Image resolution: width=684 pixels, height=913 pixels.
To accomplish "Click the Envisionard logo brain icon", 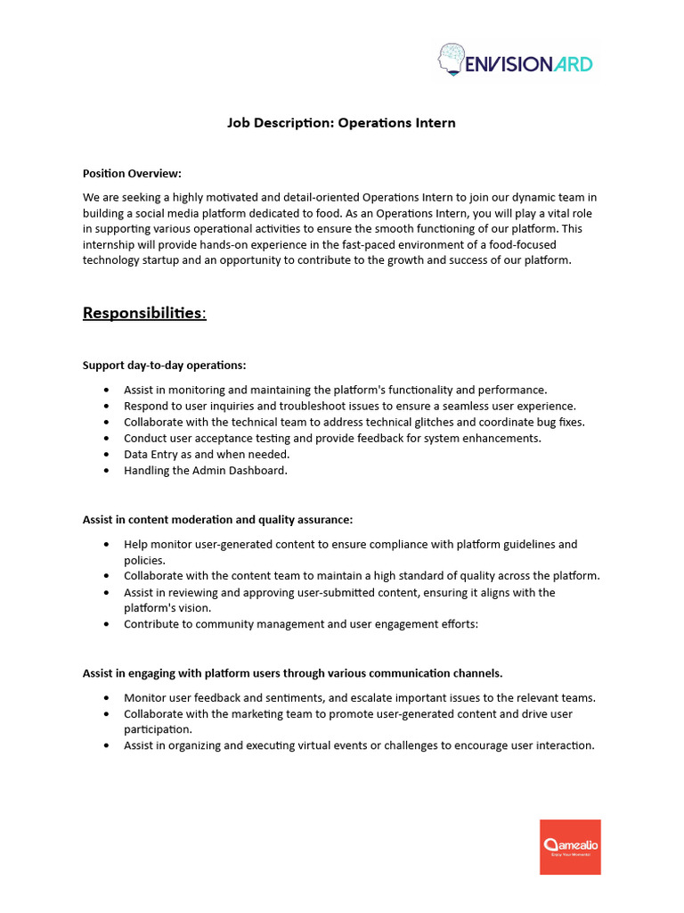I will coord(452,60).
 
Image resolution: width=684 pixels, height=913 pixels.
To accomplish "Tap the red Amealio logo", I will coord(570,847).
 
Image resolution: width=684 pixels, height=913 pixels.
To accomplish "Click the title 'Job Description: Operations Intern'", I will coord(341,123).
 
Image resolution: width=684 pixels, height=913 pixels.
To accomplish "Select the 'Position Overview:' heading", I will coord(132,173).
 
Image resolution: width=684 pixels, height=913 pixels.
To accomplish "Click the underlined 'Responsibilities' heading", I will coord(143,313).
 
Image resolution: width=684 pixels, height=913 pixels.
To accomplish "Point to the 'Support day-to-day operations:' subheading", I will coord(164,365).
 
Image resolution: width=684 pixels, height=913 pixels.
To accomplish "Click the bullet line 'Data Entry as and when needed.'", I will coord(207,454).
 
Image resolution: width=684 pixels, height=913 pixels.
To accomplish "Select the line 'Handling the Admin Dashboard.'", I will coord(206,470).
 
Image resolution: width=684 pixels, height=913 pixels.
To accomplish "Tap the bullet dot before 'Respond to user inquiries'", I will coord(107,406).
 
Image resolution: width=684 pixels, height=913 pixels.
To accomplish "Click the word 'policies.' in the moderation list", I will coord(144,560).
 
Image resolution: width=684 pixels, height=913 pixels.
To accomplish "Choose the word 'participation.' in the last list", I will coord(158,729).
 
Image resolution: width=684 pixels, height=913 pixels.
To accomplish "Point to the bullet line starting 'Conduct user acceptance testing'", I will coord(332,438).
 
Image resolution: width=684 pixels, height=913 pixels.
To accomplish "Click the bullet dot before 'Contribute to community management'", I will coord(107,624).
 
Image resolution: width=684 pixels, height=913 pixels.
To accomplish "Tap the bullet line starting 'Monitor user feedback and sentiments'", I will coord(360,697).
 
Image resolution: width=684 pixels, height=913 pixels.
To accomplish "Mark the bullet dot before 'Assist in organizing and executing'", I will coord(107,745).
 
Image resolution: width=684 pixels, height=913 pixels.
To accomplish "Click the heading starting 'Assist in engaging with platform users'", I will coord(292,672).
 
